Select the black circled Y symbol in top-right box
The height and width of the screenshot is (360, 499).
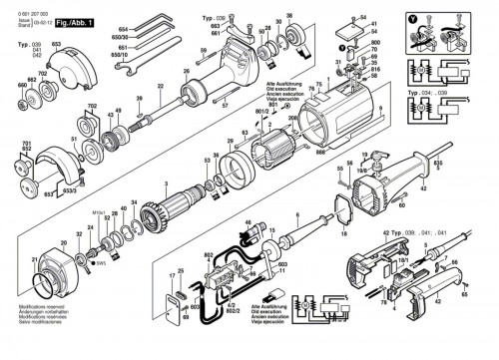click(414, 17)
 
